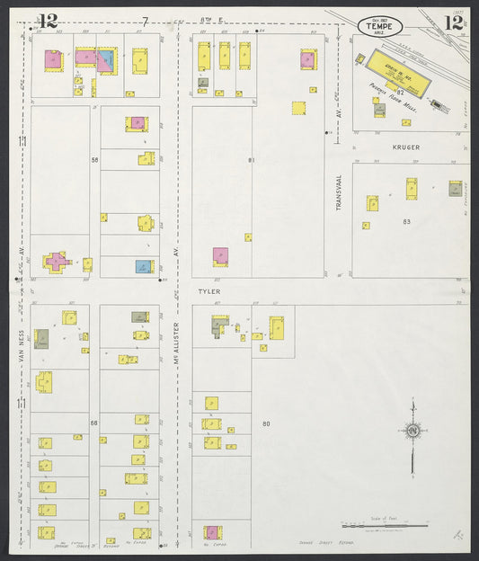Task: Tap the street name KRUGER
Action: click(x=405, y=146)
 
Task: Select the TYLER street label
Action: click(x=208, y=291)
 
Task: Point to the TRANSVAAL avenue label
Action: click(x=340, y=193)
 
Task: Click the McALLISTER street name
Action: click(x=178, y=346)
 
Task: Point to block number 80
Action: click(x=266, y=423)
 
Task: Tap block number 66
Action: click(x=93, y=422)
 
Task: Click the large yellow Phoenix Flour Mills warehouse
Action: click(x=396, y=67)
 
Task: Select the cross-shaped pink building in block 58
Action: click(x=57, y=263)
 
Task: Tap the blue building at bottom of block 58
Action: click(x=143, y=266)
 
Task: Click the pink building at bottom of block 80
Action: click(x=212, y=532)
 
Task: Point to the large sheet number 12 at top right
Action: click(x=453, y=22)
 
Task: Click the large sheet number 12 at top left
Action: click(x=48, y=21)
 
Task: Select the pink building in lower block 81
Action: click(x=220, y=255)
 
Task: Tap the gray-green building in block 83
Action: click(x=456, y=189)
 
